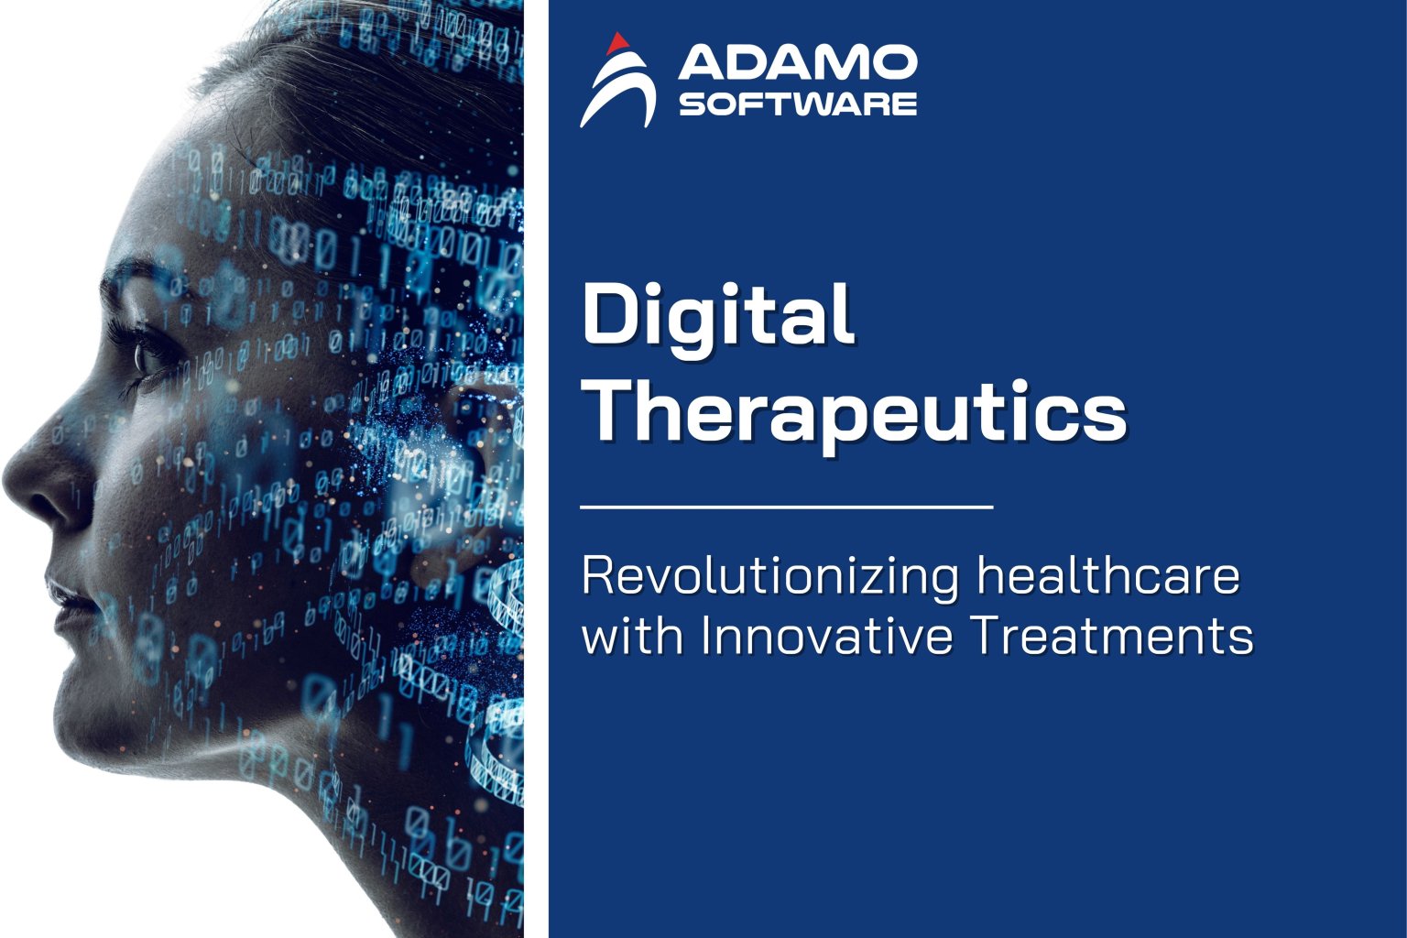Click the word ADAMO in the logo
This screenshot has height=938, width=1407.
click(x=797, y=63)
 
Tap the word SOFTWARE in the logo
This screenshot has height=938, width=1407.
click(x=797, y=103)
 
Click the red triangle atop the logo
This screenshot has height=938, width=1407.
click(x=618, y=42)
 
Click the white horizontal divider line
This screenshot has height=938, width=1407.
click(x=787, y=506)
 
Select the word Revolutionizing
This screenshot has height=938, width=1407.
click(x=770, y=577)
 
